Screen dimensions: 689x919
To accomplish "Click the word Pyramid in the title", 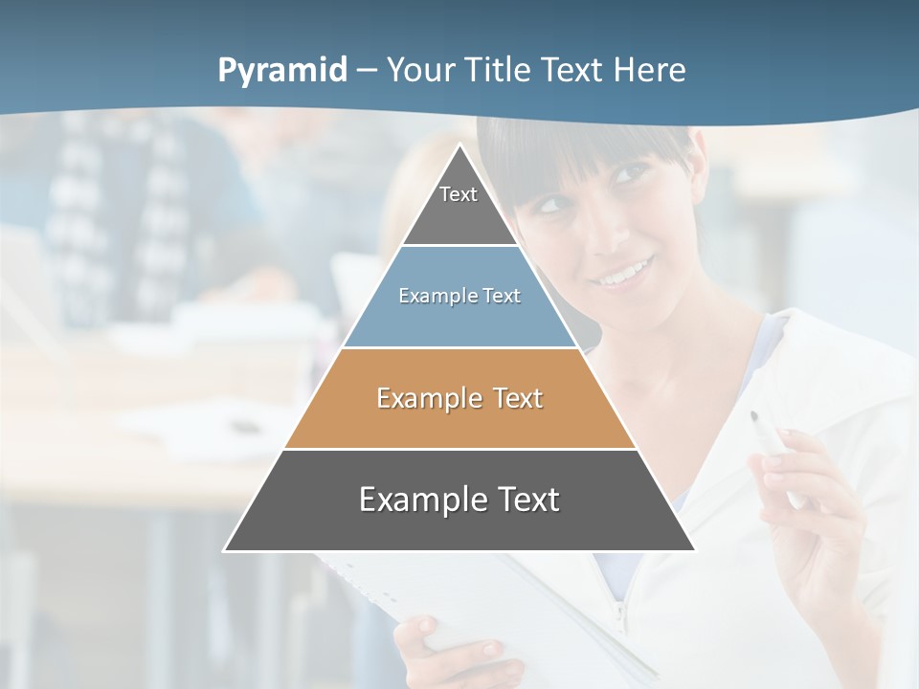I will click(x=281, y=71).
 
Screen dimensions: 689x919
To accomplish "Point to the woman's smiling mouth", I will click(x=623, y=274).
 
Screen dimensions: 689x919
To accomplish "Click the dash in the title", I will click(x=367, y=71).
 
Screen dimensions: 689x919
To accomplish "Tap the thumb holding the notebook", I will click(x=421, y=632).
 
